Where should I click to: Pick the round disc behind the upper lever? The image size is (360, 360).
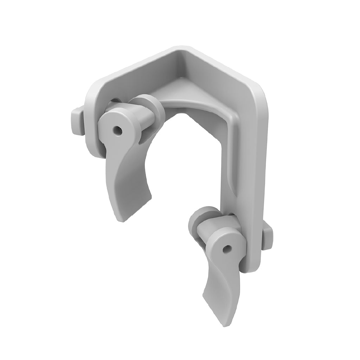click(149, 105)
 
